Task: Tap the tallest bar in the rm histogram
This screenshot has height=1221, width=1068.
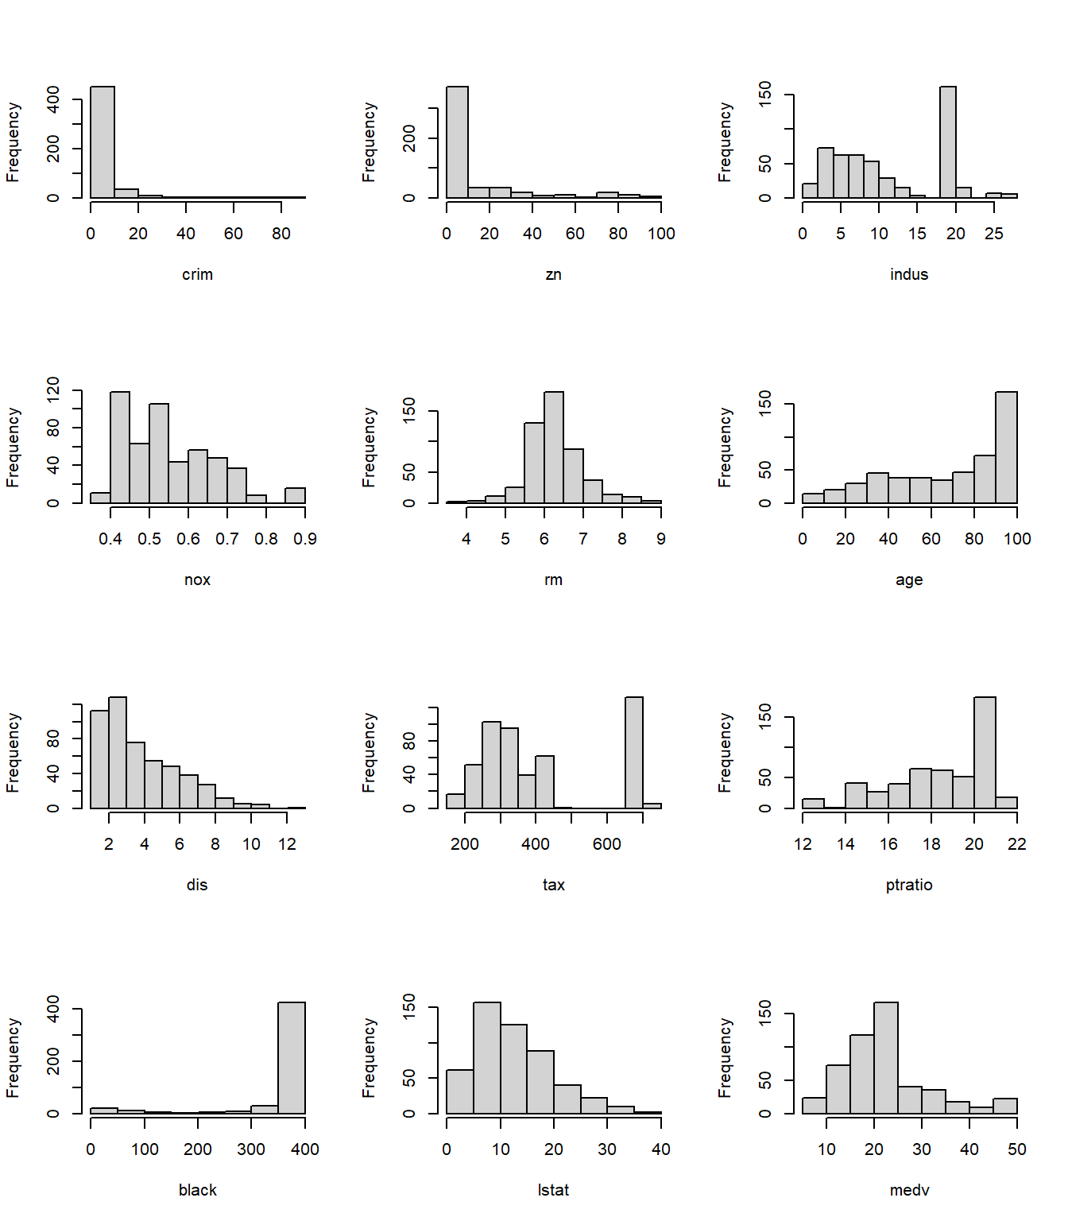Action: click(554, 447)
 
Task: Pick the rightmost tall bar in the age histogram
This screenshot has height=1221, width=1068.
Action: click(1006, 447)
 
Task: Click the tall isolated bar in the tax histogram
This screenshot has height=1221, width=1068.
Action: click(634, 752)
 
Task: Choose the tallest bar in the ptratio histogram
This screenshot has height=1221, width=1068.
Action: click(985, 752)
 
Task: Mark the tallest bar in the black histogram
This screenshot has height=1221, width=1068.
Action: click(292, 1057)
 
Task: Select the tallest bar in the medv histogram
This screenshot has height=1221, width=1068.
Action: click(886, 1057)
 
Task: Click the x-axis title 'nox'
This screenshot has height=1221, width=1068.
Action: click(197, 579)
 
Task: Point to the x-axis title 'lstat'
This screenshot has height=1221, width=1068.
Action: click(553, 1190)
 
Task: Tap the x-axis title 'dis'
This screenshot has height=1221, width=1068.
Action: click(197, 885)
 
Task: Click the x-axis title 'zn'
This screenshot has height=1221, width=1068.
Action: click(553, 274)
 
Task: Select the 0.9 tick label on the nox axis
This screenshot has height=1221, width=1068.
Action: click(305, 539)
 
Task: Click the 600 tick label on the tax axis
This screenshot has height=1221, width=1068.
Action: click(607, 844)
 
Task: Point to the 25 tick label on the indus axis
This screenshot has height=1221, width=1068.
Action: click(994, 234)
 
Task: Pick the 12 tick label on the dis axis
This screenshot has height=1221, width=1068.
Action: click(287, 844)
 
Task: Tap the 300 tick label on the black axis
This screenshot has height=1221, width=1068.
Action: click(251, 1149)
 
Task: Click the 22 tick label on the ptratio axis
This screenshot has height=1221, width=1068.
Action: click(1017, 844)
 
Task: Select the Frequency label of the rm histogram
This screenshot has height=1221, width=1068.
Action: click(369, 447)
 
